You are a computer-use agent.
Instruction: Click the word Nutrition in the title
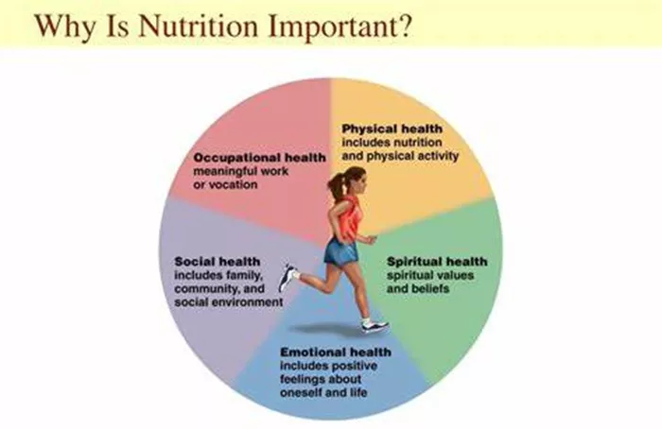(199, 26)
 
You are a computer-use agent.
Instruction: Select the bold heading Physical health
(392, 129)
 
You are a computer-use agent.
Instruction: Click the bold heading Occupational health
(260, 158)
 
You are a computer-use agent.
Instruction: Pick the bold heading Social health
(218, 262)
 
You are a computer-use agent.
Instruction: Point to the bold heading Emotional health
(336, 352)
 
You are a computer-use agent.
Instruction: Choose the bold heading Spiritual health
(437, 262)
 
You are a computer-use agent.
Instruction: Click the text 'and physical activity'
(400, 156)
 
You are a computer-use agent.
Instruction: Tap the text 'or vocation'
(225, 185)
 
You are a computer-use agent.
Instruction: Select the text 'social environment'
(229, 302)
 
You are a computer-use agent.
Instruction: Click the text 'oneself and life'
(323, 392)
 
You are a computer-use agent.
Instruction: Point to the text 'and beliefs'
(418, 288)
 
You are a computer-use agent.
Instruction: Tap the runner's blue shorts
(341, 252)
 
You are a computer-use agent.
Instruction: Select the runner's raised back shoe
(288, 278)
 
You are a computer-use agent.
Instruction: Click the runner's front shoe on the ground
(375, 325)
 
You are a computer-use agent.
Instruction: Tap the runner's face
(360, 183)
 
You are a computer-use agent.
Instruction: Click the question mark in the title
(402, 26)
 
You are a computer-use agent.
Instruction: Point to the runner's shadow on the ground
(329, 330)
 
